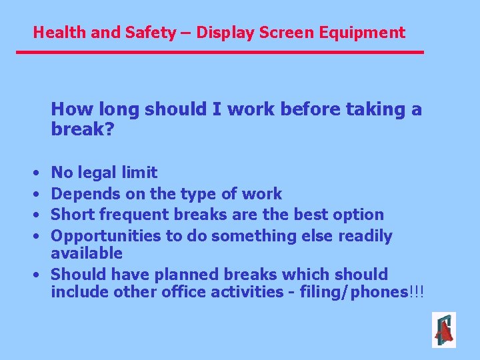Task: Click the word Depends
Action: [81, 194]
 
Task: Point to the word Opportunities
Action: [98, 236]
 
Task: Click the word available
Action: [87, 253]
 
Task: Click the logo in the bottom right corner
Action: [444, 330]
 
